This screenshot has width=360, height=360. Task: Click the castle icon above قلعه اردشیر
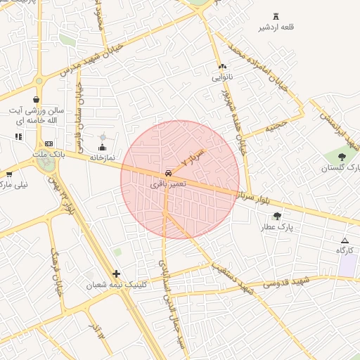pos(275,16)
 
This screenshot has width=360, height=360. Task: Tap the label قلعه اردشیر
pos(275,27)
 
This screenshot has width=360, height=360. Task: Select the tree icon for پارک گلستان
pos(342,157)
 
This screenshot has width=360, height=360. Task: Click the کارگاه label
pos(344,250)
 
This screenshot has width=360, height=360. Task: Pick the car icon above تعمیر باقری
pos(168,172)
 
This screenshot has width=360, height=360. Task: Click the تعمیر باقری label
pos(168,183)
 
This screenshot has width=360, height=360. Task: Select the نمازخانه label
pos(102,158)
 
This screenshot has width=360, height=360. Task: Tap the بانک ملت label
pos(49,153)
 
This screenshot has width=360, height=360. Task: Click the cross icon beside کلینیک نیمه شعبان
pos(116,274)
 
